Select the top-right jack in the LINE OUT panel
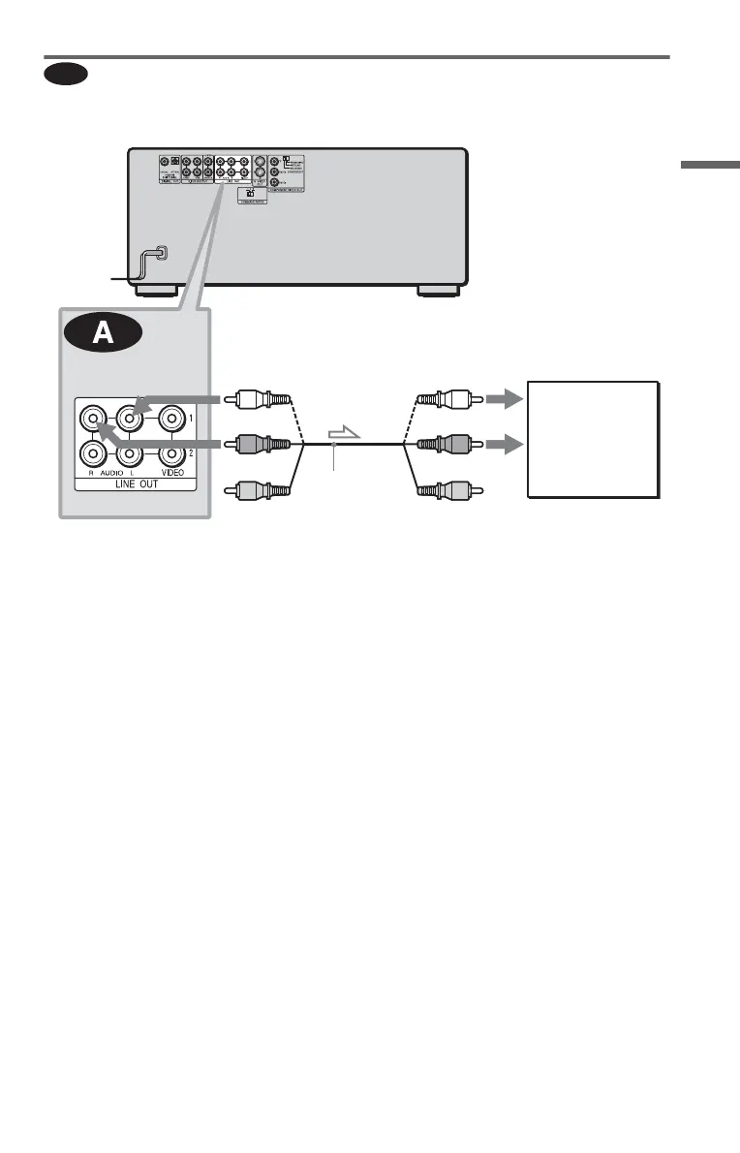click(171, 420)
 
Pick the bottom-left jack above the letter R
click(92, 452)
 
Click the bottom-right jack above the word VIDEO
click(171, 452)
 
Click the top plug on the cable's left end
click(258, 398)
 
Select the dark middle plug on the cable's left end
click(258, 444)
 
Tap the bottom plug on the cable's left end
click(258, 490)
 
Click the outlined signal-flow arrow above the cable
click(343, 434)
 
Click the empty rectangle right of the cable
click(593, 439)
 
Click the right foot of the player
click(437, 290)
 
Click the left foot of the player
click(157, 290)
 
